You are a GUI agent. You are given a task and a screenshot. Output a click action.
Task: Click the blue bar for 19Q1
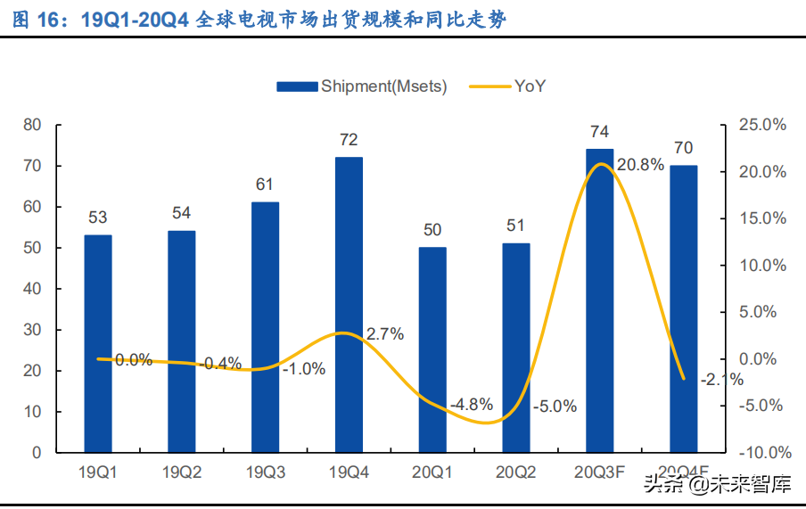tap(98, 343)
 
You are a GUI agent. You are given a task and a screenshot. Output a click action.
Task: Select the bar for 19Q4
tap(349, 304)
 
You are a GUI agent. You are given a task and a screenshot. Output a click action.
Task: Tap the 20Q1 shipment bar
tap(432, 349)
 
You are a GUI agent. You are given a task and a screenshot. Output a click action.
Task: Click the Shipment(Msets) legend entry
tap(361, 86)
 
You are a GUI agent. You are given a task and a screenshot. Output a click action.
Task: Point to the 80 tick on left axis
tap(33, 125)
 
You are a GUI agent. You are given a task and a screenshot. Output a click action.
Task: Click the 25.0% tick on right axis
tap(763, 125)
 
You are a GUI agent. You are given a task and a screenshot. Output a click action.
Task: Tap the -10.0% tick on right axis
tap(762, 453)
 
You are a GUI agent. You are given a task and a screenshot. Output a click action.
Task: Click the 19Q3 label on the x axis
tap(265, 472)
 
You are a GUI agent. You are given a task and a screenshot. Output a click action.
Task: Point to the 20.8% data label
tap(639, 165)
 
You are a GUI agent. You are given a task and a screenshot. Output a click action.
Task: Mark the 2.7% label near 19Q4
tap(384, 334)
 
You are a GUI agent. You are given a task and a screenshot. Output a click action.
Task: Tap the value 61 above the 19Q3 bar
tap(265, 185)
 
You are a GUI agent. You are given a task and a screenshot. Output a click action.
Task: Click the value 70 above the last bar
tap(683, 148)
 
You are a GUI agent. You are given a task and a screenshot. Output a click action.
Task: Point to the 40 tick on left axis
tap(33, 289)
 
